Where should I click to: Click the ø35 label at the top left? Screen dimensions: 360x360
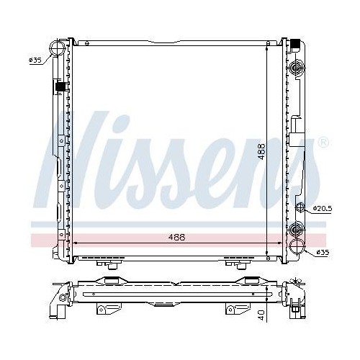pyautogui.click(x=34, y=60)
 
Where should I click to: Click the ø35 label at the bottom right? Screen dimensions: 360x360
pyautogui.click(x=323, y=253)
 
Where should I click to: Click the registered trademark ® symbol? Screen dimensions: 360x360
pyautogui.click(x=323, y=142)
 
